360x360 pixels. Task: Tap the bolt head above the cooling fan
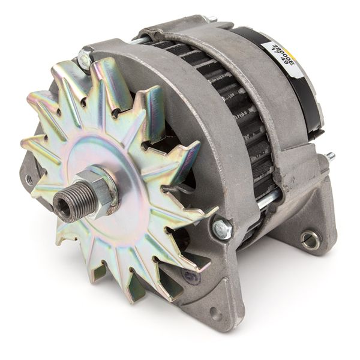coord(85,59)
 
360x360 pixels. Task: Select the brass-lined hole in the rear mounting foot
coord(310,241)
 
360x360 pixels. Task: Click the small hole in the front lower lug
coord(214,313)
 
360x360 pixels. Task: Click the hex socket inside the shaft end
coord(62,207)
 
